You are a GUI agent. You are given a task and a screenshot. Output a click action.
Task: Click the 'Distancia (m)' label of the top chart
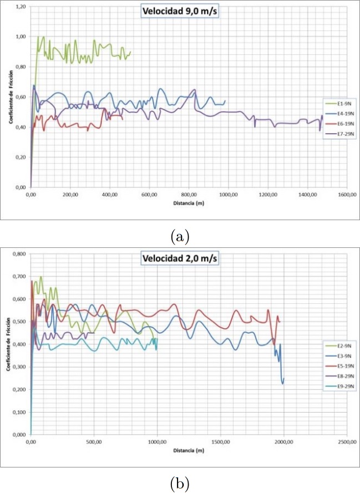click(188, 204)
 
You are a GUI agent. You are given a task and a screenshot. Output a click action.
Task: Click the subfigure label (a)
click(180, 236)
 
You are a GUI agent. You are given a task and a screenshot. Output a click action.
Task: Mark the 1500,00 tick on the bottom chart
click(220, 442)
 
